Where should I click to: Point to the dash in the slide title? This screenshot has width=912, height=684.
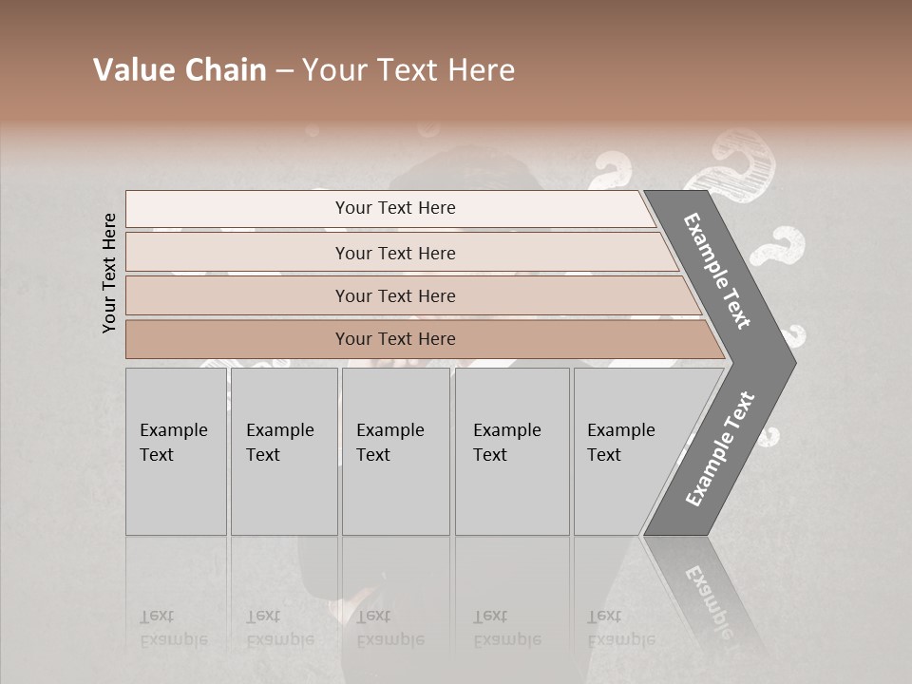(x=283, y=71)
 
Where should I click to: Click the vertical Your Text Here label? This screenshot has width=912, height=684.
(x=109, y=273)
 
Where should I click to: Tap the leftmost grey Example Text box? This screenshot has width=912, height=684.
(x=176, y=451)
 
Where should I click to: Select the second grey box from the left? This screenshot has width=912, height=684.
(x=283, y=451)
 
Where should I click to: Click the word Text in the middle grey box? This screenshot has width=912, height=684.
(x=373, y=455)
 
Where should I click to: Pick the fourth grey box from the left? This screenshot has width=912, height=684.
(x=511, y=451)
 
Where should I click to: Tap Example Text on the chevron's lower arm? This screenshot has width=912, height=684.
(x=720, y=448)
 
